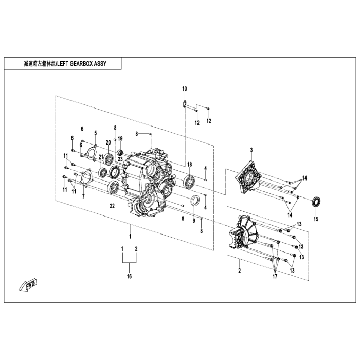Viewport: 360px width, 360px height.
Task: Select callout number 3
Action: click(251, 150)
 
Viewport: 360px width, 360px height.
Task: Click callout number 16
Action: click(130, 276)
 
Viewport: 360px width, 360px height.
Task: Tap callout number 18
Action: click(189, 164)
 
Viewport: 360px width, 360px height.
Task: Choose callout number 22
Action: click(111, 206)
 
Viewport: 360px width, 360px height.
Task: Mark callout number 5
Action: click(95, 133)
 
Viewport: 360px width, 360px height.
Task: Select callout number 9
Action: click(194, 221)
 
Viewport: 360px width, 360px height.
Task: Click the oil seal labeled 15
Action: click(316, 201)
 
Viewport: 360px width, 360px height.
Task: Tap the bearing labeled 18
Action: click(189, 181)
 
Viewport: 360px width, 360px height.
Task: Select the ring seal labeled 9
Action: click(196, 200)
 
